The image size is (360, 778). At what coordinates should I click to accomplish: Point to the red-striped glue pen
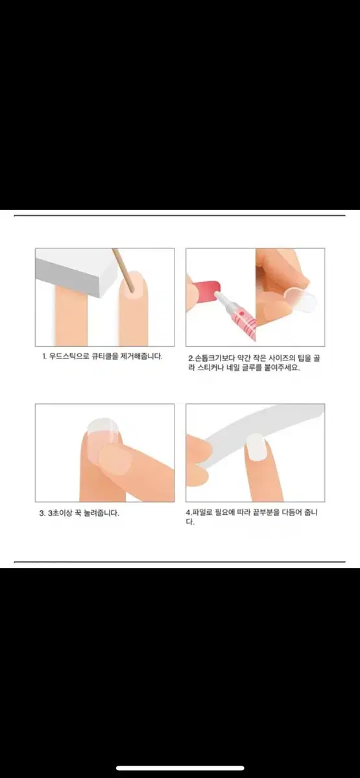(236, 312)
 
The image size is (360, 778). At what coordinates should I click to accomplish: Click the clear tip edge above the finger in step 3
(103, 425)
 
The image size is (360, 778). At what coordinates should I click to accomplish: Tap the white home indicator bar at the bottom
(180, 768)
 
